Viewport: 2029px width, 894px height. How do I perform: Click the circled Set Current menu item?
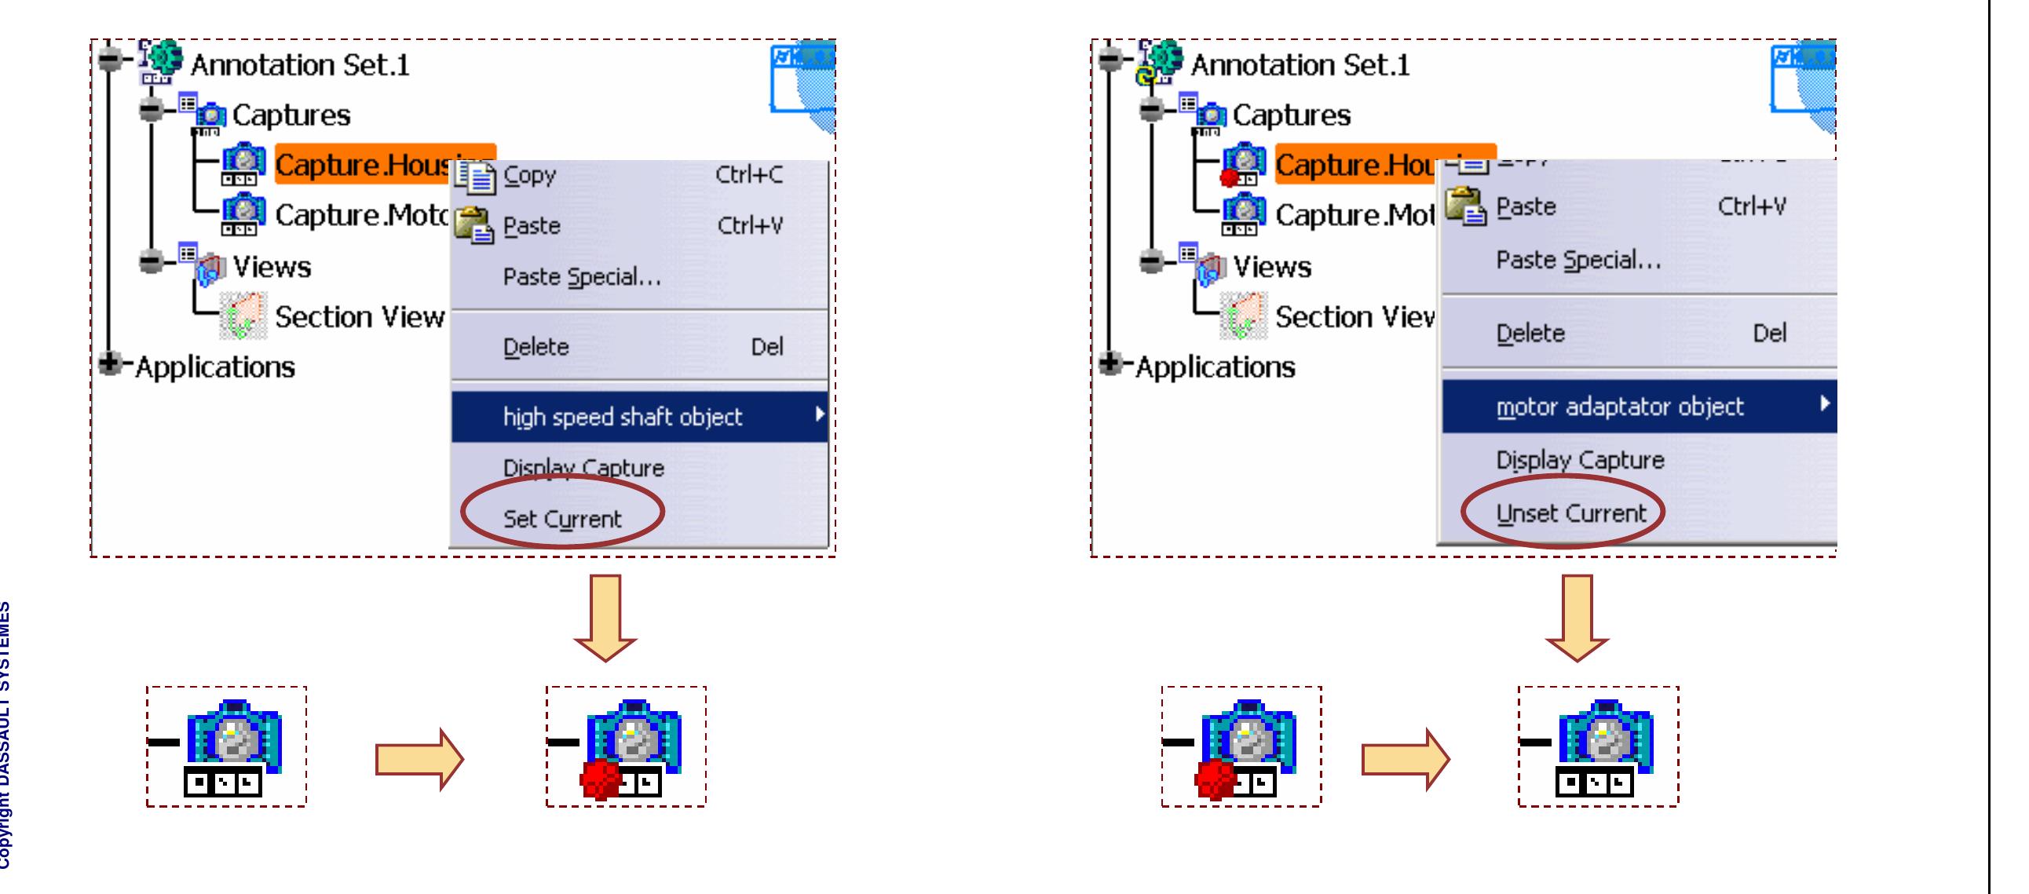561,518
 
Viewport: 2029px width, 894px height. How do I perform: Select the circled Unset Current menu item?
1570,513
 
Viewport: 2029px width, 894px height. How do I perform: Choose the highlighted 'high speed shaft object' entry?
622,416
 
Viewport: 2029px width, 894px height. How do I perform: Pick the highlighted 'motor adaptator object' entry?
1619,407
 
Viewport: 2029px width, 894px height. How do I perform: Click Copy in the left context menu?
529,175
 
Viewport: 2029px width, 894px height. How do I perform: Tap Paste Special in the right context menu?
1578,260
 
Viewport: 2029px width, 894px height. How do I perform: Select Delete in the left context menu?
536,347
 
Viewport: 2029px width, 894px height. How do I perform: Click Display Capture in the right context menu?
1579,459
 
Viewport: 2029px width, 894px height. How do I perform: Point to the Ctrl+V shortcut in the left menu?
749,226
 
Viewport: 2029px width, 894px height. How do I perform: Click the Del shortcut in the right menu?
1768,333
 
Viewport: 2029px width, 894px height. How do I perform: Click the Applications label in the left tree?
214,367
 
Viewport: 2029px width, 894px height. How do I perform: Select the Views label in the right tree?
1271,267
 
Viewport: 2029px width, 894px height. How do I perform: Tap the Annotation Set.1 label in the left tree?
299,64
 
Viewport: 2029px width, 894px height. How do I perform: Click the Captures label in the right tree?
1291,115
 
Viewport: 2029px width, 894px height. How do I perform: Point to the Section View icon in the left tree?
243,316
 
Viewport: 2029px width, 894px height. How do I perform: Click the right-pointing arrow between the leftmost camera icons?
419,759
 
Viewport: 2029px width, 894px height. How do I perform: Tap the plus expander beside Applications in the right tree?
1110,363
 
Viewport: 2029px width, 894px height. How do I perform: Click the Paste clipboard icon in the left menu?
474,225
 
